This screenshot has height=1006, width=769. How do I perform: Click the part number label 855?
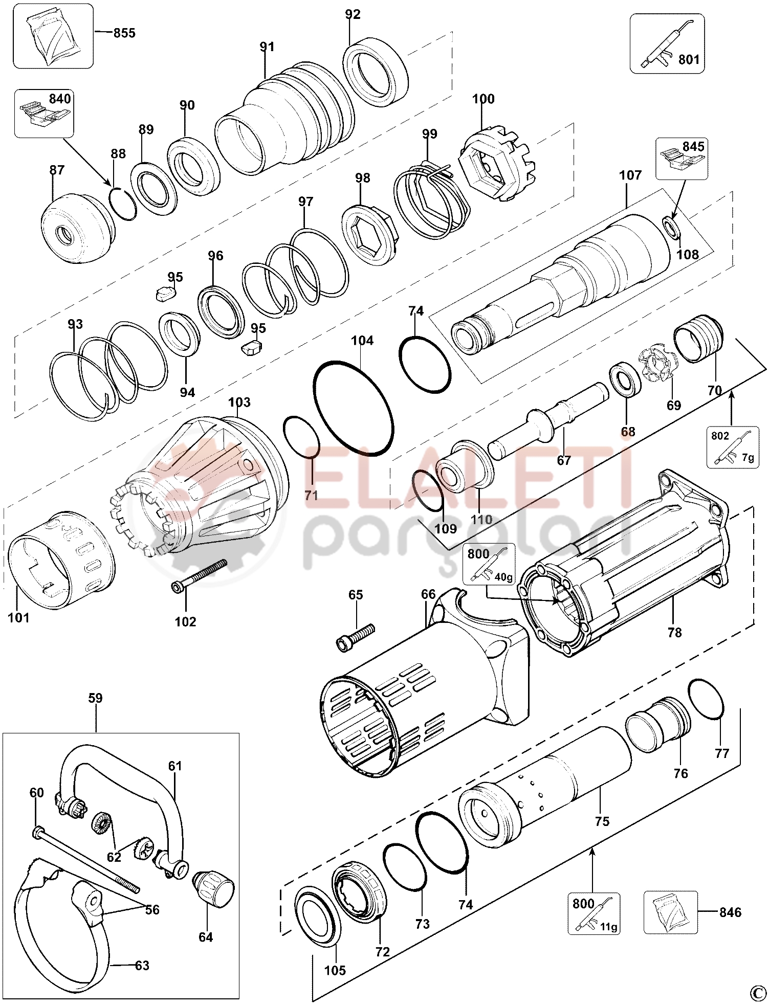tap(124, 33)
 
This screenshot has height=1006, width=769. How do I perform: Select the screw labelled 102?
tap(199, 576)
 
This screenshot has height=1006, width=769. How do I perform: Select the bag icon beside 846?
tap(670, 912)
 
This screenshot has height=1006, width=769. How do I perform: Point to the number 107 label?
tap(630, 175)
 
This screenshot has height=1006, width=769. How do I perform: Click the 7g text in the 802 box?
tap(748, 458)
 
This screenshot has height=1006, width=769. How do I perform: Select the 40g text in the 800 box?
tap(503, 577)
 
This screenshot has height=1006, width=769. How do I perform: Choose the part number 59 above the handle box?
tap(96, 698)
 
